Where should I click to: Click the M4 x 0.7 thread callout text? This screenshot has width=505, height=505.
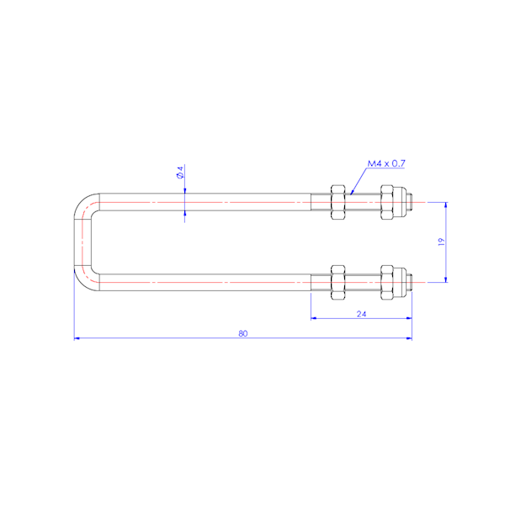[x=386, y=163]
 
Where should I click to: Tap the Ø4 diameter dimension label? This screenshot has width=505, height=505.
[x=180, y=173]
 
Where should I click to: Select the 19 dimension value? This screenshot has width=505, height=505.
[x=441, y=242]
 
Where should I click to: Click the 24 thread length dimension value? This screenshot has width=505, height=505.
[x=361, y=314]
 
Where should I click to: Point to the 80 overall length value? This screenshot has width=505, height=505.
[x=243, y=333]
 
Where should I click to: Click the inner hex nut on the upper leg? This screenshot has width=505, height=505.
[x=338, y=202]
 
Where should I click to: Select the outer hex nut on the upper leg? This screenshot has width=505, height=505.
[x=386, y=202]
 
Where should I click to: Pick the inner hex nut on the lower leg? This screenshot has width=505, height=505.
[x=338, y=283]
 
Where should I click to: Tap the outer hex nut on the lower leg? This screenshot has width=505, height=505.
[x=386, y=283]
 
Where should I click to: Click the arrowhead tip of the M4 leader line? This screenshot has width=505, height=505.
[x=350, y=194]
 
